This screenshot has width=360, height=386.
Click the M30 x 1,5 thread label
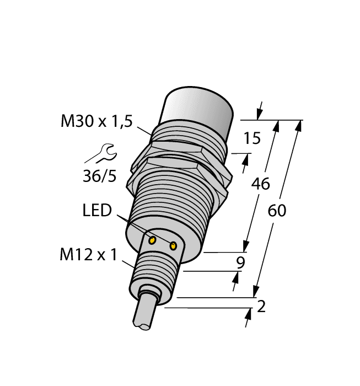tap(96, 122)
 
